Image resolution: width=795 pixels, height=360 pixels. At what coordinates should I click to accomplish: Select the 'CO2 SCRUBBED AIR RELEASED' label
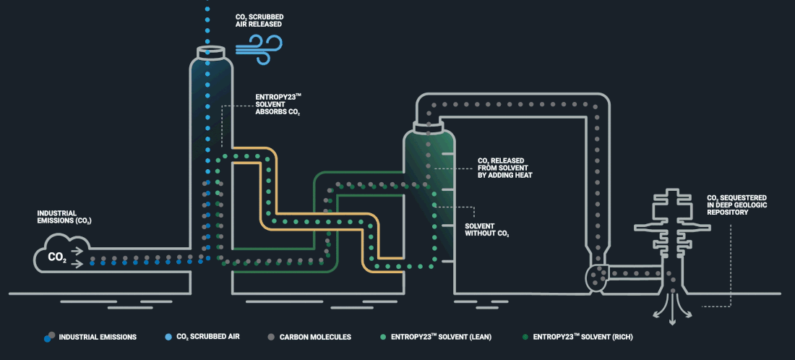[x=258, y=20]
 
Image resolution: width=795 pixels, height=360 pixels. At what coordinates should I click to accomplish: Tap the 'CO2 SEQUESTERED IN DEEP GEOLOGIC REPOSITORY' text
[x=736, y=205]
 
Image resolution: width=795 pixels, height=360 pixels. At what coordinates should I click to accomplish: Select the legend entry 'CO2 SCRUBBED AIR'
[x=208, y=337]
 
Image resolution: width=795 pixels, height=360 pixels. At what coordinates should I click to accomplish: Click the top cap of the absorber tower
[x=210, y=53]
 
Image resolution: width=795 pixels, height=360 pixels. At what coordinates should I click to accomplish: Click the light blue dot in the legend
[x=168, y=337]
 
